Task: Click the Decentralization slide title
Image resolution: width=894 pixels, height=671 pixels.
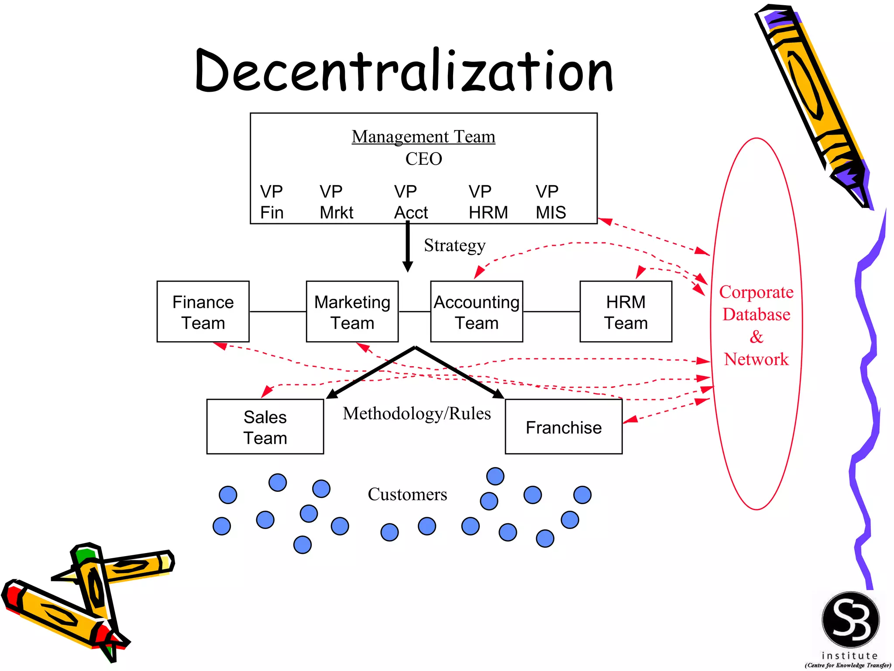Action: click(404, 71)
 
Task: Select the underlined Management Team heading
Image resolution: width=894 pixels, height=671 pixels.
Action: click(423, 137)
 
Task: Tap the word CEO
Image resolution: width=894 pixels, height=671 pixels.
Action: click(423, 159)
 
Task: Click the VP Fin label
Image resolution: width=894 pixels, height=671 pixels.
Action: click(272, 202)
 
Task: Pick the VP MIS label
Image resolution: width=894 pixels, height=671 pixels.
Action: click(550, 202)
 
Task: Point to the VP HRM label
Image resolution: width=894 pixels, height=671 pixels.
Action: click(488, 202)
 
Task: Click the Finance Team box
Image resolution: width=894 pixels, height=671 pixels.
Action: click(203, 311)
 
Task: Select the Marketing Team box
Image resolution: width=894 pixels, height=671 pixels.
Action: click(352, 311)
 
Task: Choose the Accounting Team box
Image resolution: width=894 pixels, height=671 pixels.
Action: click(476, 311)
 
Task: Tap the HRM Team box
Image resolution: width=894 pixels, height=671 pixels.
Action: click(625, 311)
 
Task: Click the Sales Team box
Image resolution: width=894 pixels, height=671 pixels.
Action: click(265, 427)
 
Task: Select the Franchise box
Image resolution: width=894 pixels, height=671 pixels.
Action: click(563, 427)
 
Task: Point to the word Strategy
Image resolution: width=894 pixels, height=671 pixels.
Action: click(454, 246)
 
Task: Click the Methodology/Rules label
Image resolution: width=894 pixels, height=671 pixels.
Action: click(416, 413)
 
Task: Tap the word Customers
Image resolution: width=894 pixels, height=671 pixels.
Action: click(407, 494)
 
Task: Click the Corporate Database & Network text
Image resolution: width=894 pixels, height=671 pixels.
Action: click(756, 325)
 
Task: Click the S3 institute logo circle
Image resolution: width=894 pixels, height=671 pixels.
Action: click(850, 619)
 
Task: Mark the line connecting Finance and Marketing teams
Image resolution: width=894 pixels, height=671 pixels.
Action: click(278, 311)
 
